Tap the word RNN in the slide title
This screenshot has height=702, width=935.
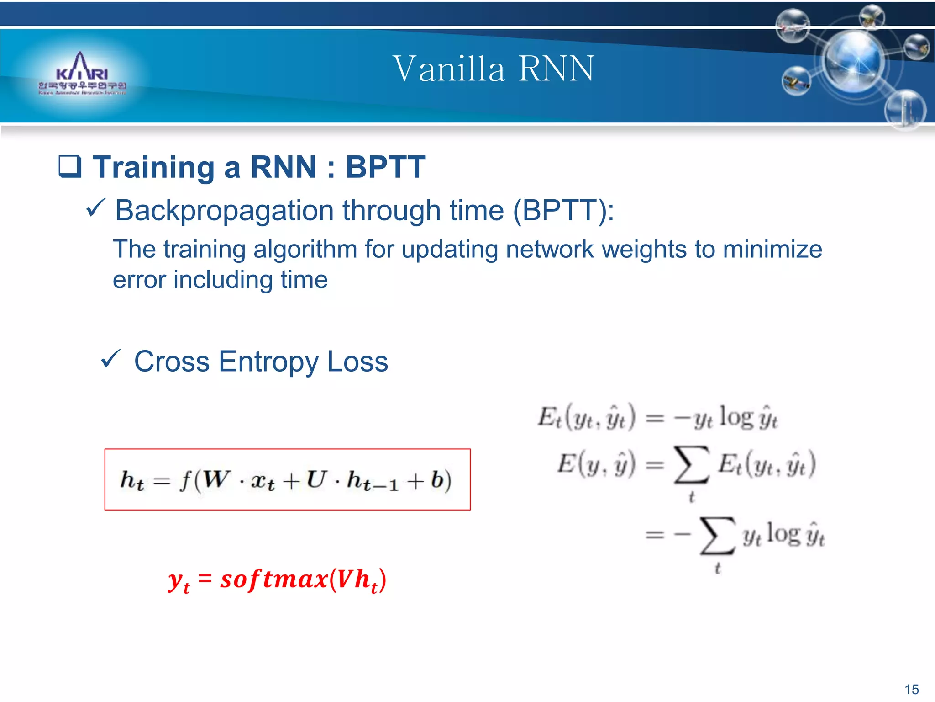(x=557, y=69)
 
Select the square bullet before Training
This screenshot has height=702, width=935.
(x=70, y=167)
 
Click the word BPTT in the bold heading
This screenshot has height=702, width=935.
(x=385, y=167)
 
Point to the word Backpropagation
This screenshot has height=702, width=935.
(x=224, y=211)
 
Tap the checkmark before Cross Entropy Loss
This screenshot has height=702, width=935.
(x=110, y=359)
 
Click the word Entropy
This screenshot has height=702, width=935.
(x=268, y=362)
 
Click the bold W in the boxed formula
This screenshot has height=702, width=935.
(x=216, y=479)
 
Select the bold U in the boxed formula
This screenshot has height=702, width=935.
(x=316, y=479)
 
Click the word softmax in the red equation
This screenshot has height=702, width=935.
(x=274, y=580)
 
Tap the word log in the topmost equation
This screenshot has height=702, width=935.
(x=736, y=418)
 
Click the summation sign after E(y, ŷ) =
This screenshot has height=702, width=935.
(x=692, y=465)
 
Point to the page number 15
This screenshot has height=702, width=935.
(x=911, y=689)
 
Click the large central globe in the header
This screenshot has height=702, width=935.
(x=854, y=62)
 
